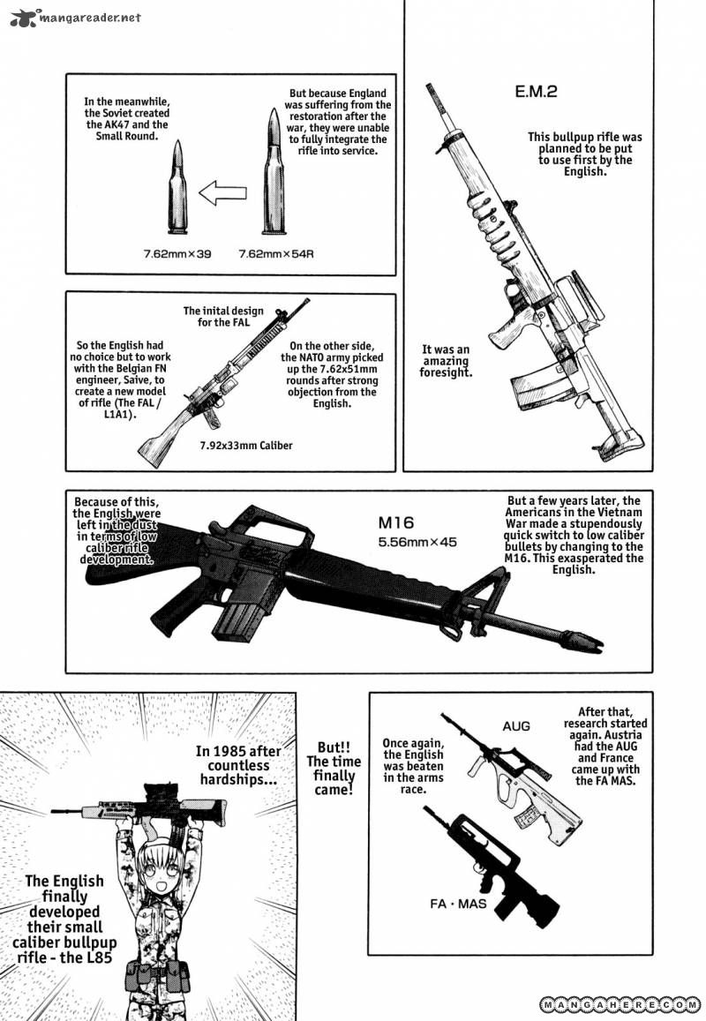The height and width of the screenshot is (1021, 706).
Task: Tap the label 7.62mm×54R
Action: coord(276,253)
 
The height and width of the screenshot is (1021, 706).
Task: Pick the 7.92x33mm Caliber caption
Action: coord(246,446)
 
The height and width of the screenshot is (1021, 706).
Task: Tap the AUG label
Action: coord(516,726)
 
